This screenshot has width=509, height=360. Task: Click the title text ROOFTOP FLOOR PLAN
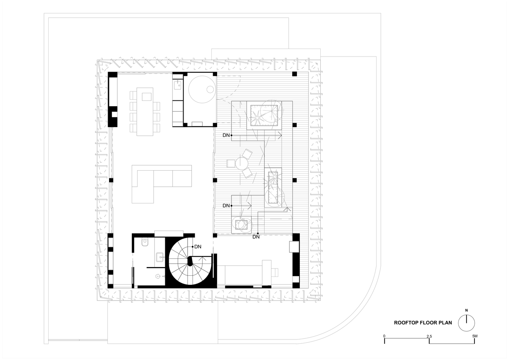coord(423,323)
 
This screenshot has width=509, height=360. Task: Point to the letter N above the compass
coord(467,310)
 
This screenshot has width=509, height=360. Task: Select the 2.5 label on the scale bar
coord(429,336)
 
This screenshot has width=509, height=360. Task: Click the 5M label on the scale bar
coord(474,336)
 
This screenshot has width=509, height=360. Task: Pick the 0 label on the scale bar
coord(384,336)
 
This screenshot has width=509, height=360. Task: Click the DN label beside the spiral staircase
coord(198,247)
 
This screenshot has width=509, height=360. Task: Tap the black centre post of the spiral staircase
coord(190,261)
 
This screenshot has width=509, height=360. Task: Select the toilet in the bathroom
coord(145,242)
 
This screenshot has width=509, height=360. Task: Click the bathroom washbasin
coord(160,257)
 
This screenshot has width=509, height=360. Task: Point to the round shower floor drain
coord(158,276)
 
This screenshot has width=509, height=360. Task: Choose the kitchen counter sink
coord(177,85)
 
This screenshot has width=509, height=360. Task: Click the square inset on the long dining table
coord(147,96)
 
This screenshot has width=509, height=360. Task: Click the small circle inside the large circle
coord(211,89)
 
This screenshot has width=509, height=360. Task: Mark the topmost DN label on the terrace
coord(226,135)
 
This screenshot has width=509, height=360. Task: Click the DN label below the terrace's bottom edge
coord(256,237)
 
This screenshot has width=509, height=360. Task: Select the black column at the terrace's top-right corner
coord(294,74)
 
